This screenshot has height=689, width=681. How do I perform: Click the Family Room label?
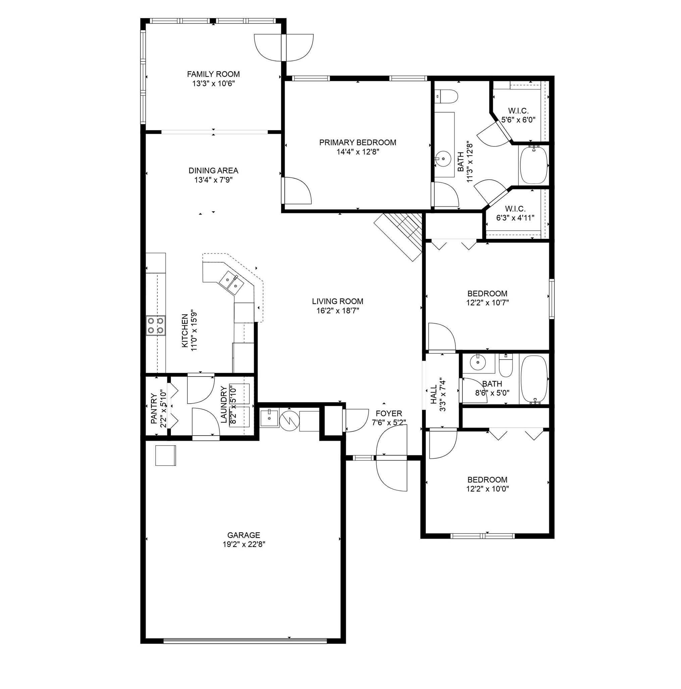[x=213, y=74]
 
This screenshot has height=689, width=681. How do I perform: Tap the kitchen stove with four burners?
[x=155, y=325]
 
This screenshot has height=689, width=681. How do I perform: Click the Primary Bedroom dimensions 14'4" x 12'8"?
[x=357, y=151]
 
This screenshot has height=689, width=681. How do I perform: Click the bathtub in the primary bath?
[x=534, y=165]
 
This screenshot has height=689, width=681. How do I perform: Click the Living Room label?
[x=337, y=301]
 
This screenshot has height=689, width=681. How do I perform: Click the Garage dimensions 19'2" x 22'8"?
[x=244, y=544]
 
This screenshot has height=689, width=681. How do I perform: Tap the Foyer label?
[x=389, y=413]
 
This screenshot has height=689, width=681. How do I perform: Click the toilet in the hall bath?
[x=505, y=366]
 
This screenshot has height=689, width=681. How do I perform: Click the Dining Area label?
[x=213, y=171]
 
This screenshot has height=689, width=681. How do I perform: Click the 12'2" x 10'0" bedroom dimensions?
[x=487, y=489]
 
